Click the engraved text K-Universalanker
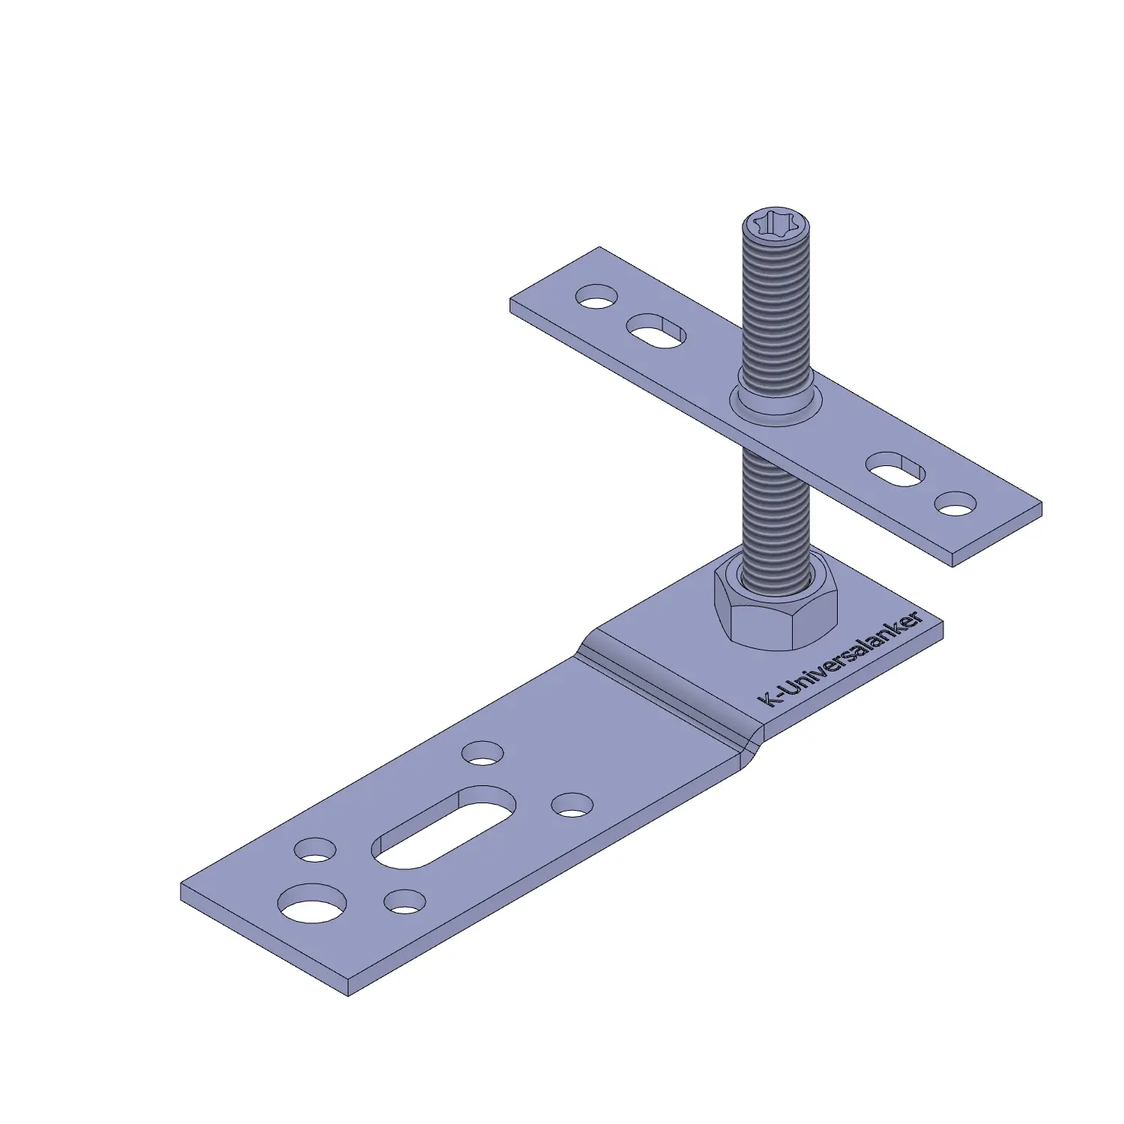point(842,659)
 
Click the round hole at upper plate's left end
point(596,295)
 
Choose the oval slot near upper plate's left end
point(657,330)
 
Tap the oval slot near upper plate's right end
point(895,469)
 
